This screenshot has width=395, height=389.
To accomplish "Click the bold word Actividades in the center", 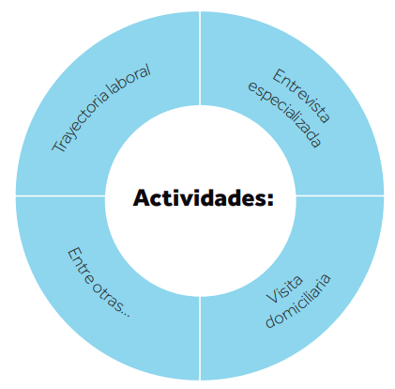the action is pyautogui.click(x=200, y=197).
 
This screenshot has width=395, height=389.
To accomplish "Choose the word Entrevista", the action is pyautogui.click(x=301, y=96).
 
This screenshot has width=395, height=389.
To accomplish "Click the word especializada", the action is pyautogui.click(x=284, y=115).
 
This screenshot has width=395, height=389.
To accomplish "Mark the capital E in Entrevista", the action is pyautogui.click(x=279, y=76).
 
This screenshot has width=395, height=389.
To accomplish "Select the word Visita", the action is pyautogui.click(x=284, y=289).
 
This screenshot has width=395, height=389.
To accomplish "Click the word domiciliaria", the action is pyautogui.click(x=297, y=301).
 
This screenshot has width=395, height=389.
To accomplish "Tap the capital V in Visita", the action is pyautogui.click(x=271, y=298).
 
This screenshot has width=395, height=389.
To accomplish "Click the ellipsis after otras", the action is pyautogui.click(x=125, y=314).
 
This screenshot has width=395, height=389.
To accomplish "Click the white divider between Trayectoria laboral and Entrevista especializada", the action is pyautogui.click(x=200, y=58).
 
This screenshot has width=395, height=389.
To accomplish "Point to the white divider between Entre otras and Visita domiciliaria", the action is pyautogui.click(x=200, y=338).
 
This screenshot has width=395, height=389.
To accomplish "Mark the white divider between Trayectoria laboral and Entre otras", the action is pyautogui.click(x=60, y=195).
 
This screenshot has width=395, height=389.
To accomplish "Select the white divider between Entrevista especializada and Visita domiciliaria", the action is pyautogui.click(x=340, y=195).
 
